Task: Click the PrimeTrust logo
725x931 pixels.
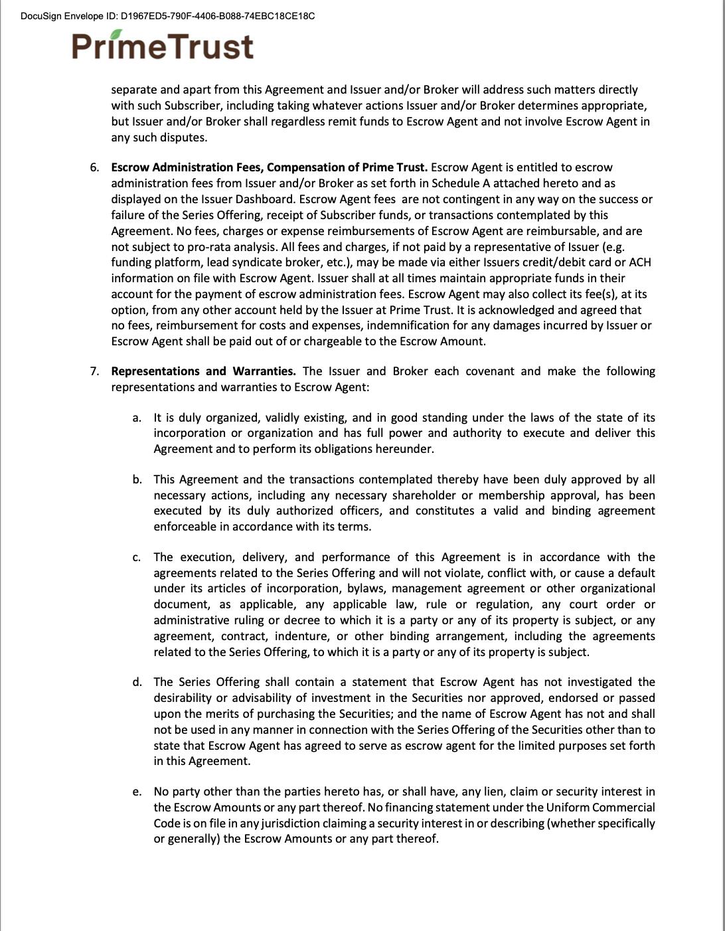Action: point(163,46)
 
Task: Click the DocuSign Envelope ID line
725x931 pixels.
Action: point(168,15)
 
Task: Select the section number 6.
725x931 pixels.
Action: point(95,167)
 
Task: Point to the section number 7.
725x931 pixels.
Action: point(95,371)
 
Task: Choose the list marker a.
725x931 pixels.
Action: point(137,418)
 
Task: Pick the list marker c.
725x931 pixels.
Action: point(137,557)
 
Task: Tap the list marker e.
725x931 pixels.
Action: point(137,792)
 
